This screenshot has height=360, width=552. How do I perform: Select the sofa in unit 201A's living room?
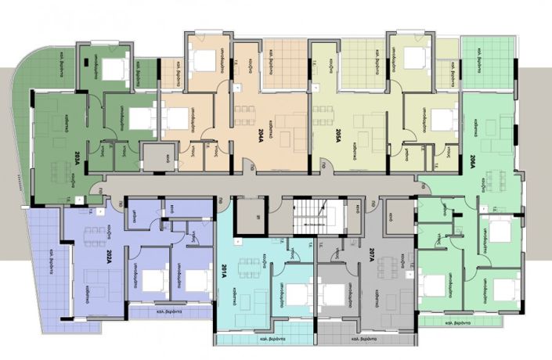point(254,297)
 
